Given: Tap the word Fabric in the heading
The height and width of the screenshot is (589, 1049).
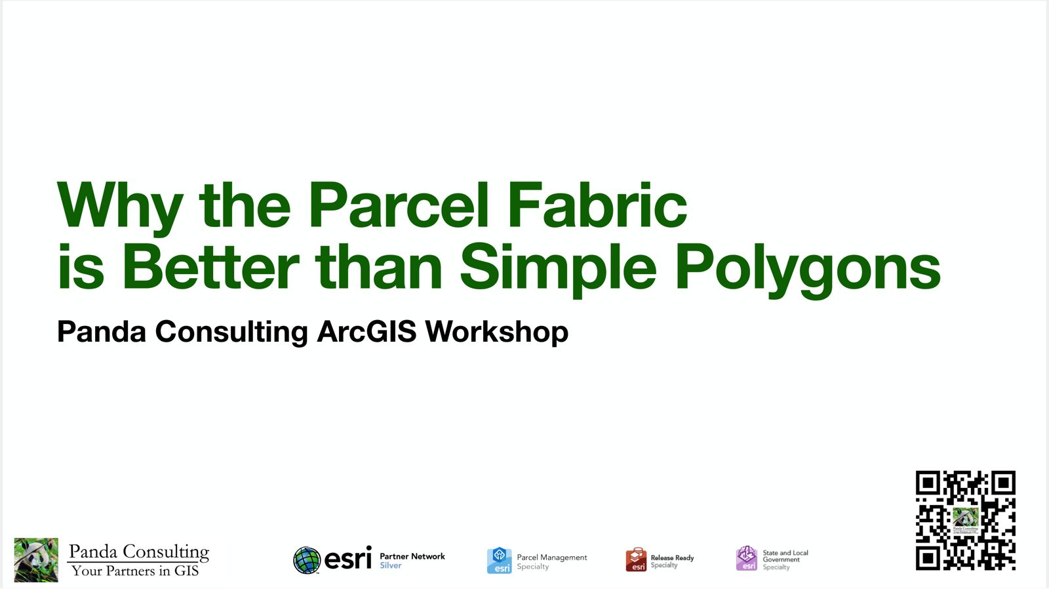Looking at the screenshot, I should (x=597, y=205).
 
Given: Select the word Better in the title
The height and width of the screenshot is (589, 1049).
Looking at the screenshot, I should (x=210, y=267).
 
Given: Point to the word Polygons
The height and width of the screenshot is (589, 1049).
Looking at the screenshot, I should (x=808, y=269).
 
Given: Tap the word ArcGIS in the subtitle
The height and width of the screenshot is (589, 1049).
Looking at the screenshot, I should (x=366, y=331).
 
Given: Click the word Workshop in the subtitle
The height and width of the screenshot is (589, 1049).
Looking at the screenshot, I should (x=496, y=331).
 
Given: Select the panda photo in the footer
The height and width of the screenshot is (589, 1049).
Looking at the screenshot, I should (x=36, y=559).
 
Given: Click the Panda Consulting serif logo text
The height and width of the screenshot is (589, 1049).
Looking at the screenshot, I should (x=139, y=552).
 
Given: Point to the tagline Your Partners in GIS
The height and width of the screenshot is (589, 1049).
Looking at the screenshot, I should (x=135, y=571).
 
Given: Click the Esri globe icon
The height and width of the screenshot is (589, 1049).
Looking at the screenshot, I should (x=307, y=560).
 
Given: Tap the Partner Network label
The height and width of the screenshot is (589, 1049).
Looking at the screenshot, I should (x=412, y=556).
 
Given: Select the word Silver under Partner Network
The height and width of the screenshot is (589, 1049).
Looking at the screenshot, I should (x=391, y=565).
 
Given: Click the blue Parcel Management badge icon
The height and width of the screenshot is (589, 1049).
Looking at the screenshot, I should (x=499, y=561).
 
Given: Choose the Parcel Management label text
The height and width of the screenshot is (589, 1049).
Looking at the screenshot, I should (x=552, y=558).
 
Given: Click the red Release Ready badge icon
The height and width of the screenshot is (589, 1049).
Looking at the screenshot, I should (x=636, y=559).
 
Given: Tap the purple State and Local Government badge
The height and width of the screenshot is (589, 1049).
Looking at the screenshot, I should (x=746, y=558).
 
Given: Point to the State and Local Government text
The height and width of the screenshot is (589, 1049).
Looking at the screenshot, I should (x=785, y=556).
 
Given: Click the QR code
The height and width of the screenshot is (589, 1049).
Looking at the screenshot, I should (x=965, y=520).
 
